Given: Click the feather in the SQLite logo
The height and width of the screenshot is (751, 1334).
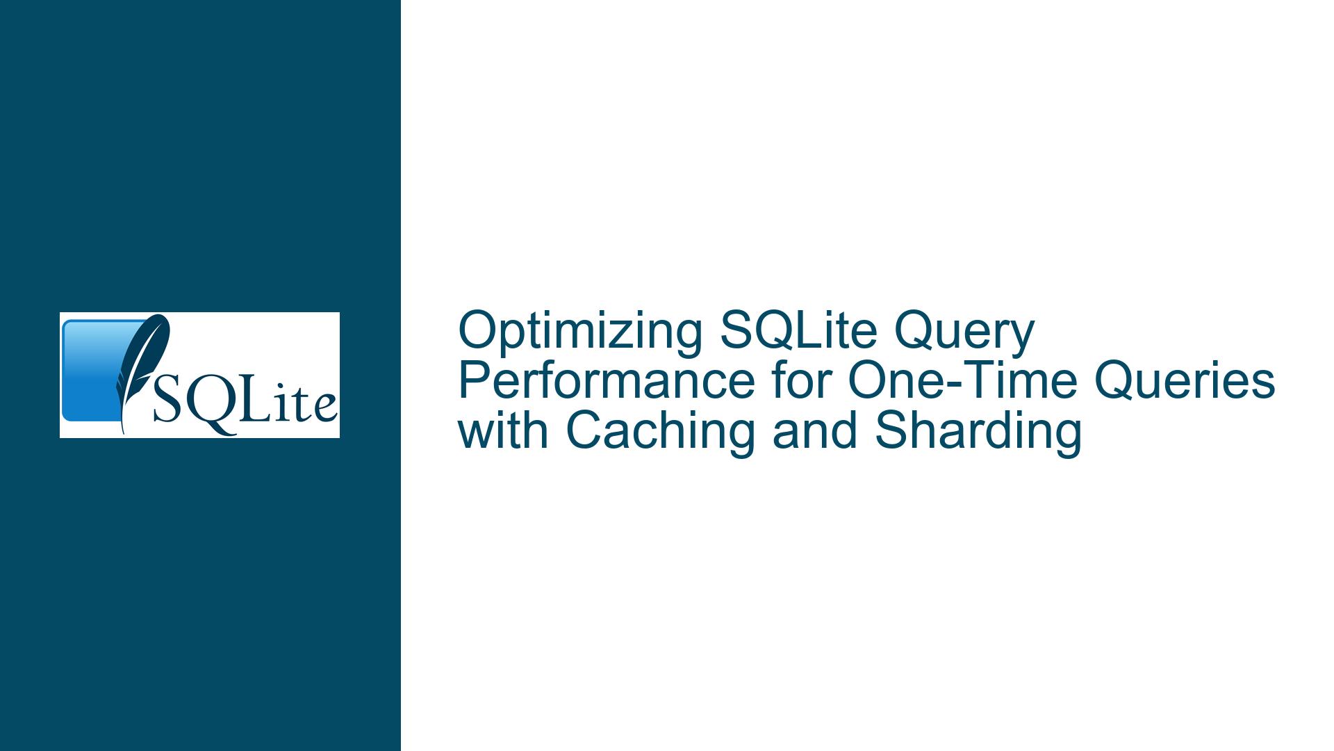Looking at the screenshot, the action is [142, 369].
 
